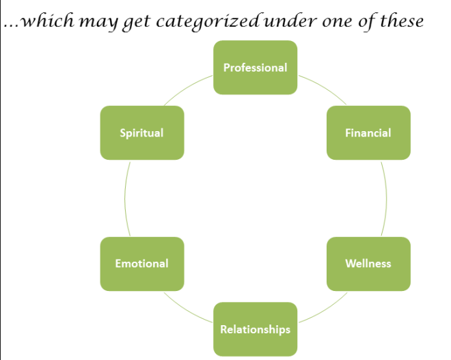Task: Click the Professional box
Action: (x=255, y=68)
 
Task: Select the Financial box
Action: (x=368, y=133)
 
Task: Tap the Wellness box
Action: (x=368, y=264)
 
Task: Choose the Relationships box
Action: (x=255, y=329)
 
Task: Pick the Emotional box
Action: (x=141, y=264)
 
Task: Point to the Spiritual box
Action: (x=141, y=133)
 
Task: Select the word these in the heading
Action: (x=400, y=21)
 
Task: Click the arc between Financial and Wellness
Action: (x=386, y=198)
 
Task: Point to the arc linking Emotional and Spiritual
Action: (x=125, y=198)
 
